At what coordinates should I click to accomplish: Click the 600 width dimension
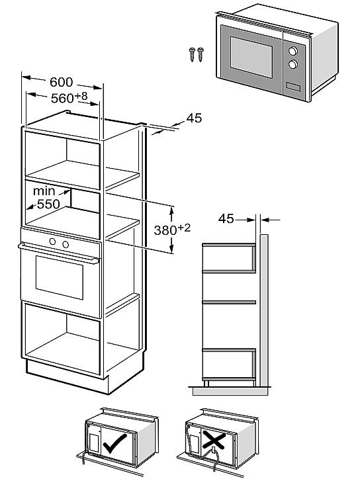(x=62, y=82)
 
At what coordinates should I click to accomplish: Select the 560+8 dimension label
(x=69, y=97)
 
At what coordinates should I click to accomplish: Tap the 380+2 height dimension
(x=172, y=229)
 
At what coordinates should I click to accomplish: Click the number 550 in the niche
(x=48, y=204)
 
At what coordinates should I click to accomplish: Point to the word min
(x=44, y=191)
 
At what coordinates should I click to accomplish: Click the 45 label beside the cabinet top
(x=194, y=118)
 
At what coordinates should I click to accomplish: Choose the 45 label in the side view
(x=226, y=219)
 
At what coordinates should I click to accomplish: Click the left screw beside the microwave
(x=192, y=55)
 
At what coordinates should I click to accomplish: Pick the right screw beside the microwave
(x=201, y=55)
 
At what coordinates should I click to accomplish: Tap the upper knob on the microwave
(x=292, y=51)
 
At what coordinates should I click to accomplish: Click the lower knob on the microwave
(x=292, y=64)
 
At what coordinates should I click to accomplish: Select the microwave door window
(x=251, y=57)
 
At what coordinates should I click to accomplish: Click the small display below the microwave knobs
(x=293, y=87)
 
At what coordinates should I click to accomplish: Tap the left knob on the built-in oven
(x=52, y=241)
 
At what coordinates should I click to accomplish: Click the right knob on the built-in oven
(x=66, y=244)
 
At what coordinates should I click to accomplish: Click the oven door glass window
(x=60, y=277)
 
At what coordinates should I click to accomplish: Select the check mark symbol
(x=114, y=443)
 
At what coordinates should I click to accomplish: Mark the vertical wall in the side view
(x=264, y=310)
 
